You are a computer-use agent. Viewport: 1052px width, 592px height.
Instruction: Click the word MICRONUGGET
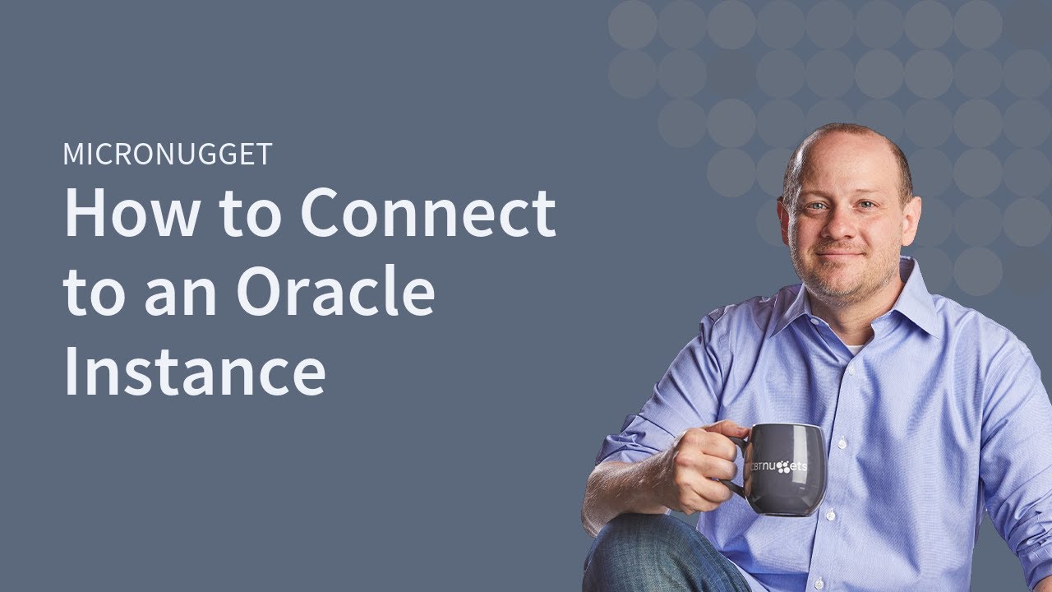(167, 155)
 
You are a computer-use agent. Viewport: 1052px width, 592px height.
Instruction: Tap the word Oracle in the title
(335, 294)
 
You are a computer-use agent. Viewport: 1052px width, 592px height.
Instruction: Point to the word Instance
(195, 371)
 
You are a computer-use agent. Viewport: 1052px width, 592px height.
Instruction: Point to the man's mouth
(840, 255)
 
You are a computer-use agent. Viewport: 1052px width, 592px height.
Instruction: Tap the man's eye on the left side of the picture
(814, 206)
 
